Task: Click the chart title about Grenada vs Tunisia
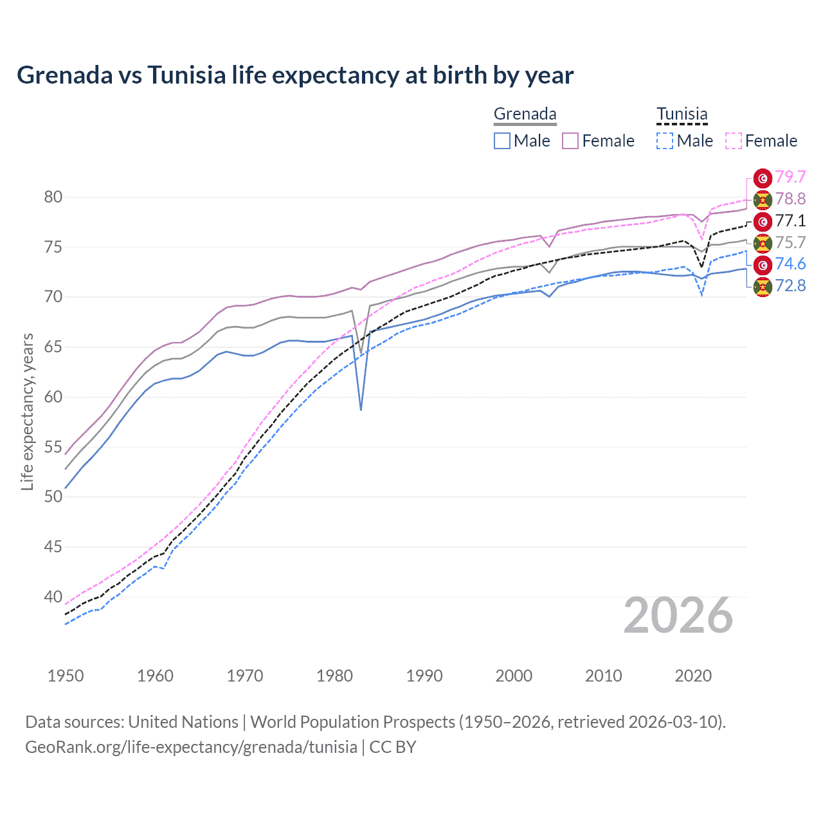295,75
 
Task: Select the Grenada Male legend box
502,141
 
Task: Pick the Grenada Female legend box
570,141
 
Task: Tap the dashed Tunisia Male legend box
665,141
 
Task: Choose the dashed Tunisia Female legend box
734,141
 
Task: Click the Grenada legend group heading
525,114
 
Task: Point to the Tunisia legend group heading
682,114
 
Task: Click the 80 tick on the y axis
53,197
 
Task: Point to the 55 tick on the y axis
53,447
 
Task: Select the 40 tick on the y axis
53,597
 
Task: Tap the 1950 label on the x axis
66,676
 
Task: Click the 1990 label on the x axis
424,676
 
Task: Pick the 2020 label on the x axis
693,676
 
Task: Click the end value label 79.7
790,177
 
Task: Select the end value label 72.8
790,285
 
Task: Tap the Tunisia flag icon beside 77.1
763,221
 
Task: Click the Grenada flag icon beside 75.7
763,243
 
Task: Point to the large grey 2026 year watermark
678,615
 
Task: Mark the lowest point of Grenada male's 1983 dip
361,410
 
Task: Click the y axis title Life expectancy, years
27,411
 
